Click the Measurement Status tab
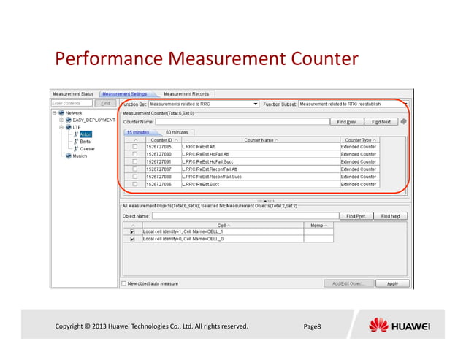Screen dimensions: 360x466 click(x=72, y=94)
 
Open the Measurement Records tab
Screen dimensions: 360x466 click(x=186, y=94)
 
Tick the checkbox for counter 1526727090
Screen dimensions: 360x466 click(x=134, y=154)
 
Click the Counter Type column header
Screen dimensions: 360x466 click(x=359, y=139)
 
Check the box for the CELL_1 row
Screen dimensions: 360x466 click(x=132, y=231)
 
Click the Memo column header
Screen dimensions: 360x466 click(x=318, y=224)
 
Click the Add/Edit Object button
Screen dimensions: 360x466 click(x=349, y=283)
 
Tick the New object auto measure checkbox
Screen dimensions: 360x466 click(x=124, y=283)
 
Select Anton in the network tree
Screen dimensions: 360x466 click(x=85, y=134)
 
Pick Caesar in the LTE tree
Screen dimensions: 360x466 click(x=87, y=148)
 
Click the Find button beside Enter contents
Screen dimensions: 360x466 click(x=105, y=104)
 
